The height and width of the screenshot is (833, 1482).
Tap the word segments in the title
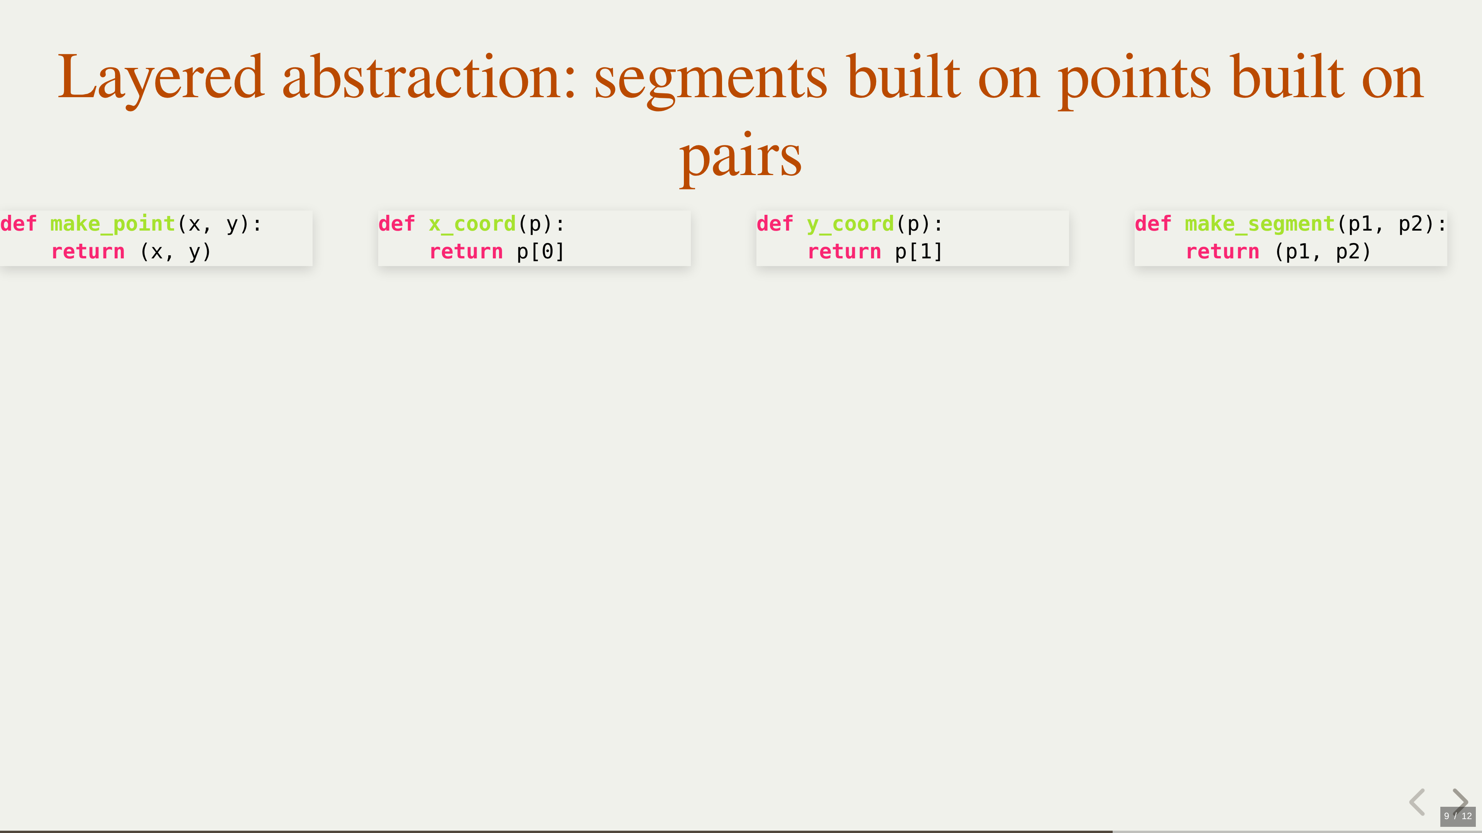[x=711, y=81]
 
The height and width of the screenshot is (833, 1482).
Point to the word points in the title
[x=1135, y=81]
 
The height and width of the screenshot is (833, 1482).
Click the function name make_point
[x=113, y=224]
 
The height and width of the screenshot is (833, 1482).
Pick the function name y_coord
[x=850, y=224]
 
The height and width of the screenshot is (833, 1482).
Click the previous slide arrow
[x=1417, y=802]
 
